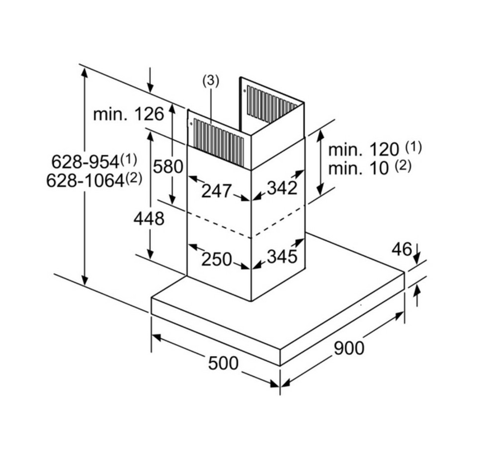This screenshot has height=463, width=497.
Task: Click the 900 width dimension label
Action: (x=348, y=348)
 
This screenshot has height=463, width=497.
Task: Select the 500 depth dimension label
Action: (x=223, y=363)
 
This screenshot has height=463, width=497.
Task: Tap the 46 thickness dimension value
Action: (x=402, y=249)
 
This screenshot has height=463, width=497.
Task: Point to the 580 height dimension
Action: (x=168, y=166)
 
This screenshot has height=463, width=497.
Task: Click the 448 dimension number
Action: (x=149, y=218)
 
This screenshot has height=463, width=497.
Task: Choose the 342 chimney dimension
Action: (x=282, y=187)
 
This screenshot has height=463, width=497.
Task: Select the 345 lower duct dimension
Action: (x=282, y=257)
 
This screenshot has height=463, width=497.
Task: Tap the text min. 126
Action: (x=128, y=114)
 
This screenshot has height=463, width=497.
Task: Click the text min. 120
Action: (x=364, y=149)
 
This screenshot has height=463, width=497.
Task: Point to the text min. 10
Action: (x=358, y=168)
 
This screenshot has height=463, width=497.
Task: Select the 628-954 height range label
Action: (x=85, y=161)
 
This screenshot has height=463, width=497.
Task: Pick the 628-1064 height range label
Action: (x=85, y=180)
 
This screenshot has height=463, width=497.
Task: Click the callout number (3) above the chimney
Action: (x=210, y=82)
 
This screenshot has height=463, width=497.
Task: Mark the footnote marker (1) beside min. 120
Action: (x=413, y=147)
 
